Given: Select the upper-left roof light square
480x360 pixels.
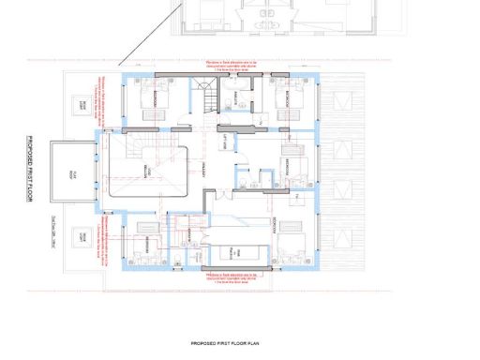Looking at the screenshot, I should [x=83, y=105].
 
